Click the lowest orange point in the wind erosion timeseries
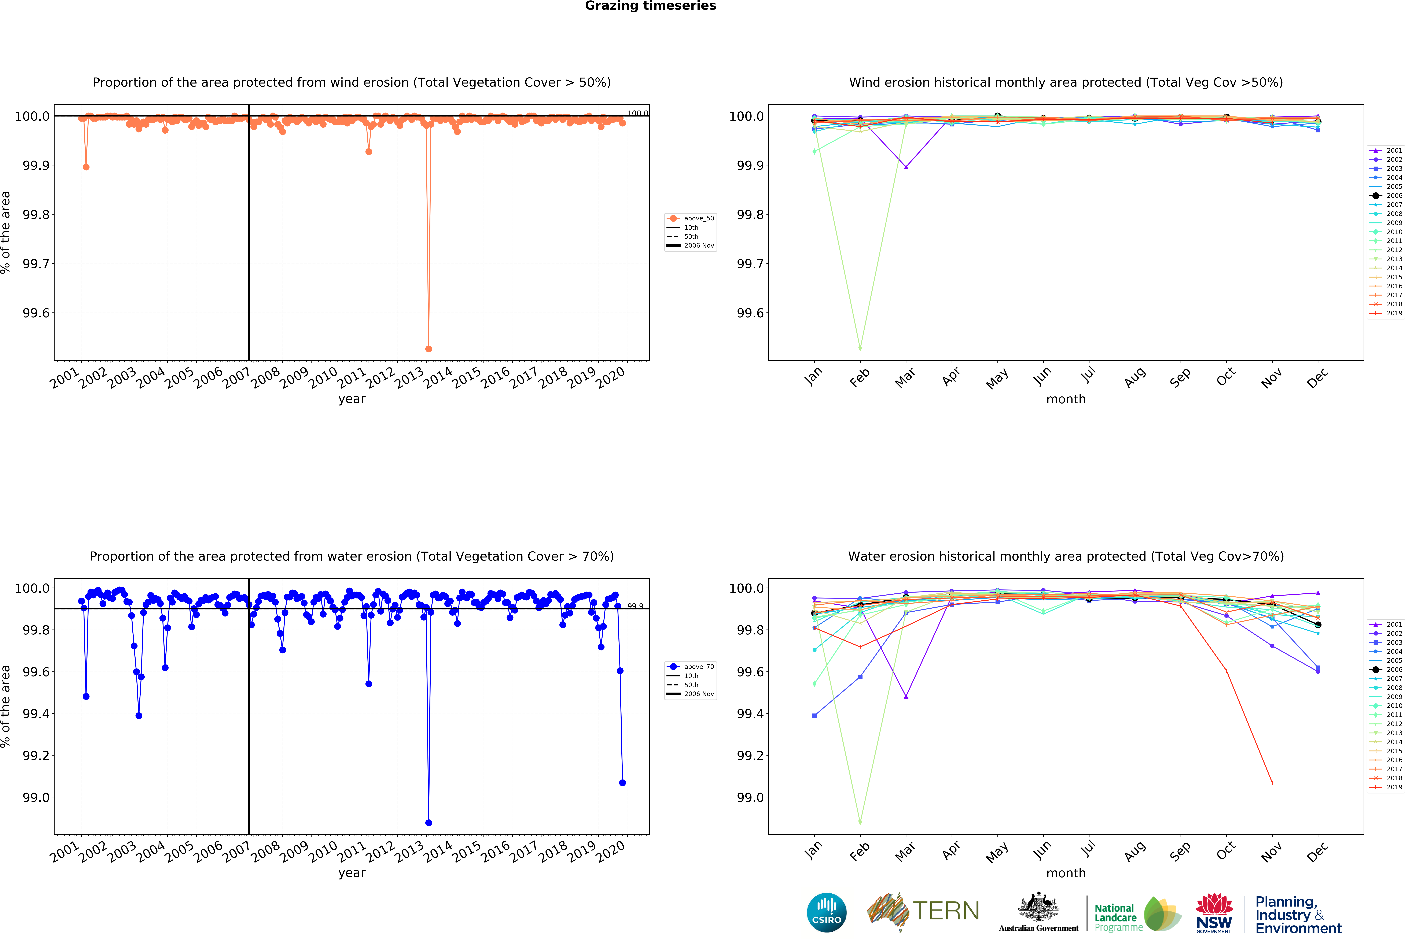tap(429, 349)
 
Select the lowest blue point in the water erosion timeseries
tap(429, 823)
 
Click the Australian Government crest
tap(1038, 907)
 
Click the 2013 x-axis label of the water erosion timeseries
tap(409, 851)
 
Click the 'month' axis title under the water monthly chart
tap(1066, 873)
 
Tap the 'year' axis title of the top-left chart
tap(352, 399)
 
